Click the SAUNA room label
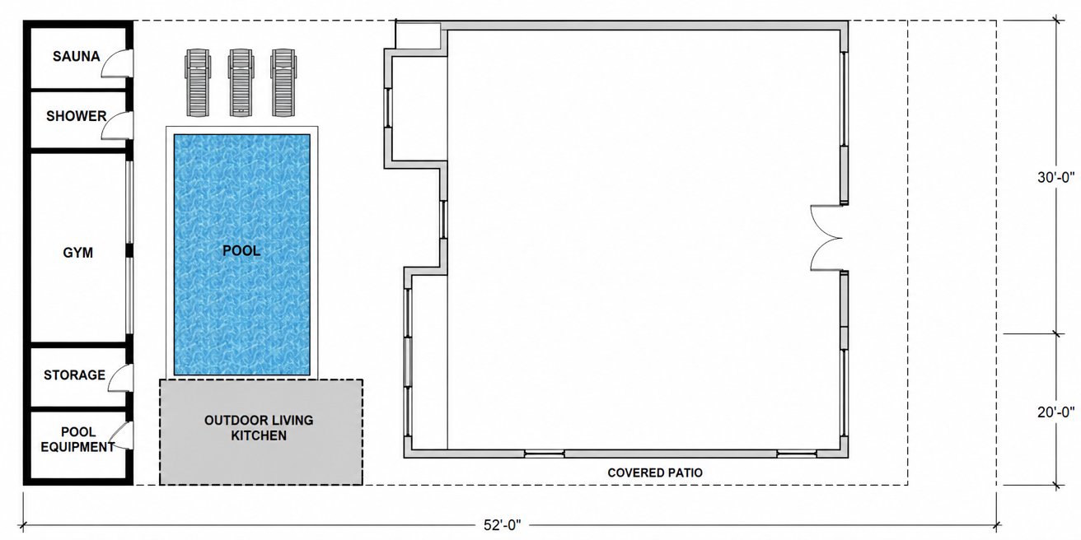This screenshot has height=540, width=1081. (77, 57)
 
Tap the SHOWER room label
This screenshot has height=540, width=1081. (77, 116)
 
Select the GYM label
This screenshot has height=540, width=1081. (77, 253)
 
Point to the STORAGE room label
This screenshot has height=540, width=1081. (74, 375)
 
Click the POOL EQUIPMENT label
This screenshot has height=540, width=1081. (77, 440)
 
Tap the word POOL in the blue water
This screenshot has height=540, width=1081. (241, 251)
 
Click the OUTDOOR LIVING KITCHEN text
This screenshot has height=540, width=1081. (259, 428)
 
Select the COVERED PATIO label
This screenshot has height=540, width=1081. (655, 473)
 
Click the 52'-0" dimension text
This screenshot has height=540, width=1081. (503, 525)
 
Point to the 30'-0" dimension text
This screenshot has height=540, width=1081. (1056, 178)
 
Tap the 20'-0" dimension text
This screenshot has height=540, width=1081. (1056, 412)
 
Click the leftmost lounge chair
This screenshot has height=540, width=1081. (198, 82)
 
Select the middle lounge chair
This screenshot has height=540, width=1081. (241, 82)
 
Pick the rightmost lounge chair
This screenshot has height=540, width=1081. (283, 82)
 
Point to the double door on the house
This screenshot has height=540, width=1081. (826, 238)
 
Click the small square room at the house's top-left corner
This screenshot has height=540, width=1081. (418, 35)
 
